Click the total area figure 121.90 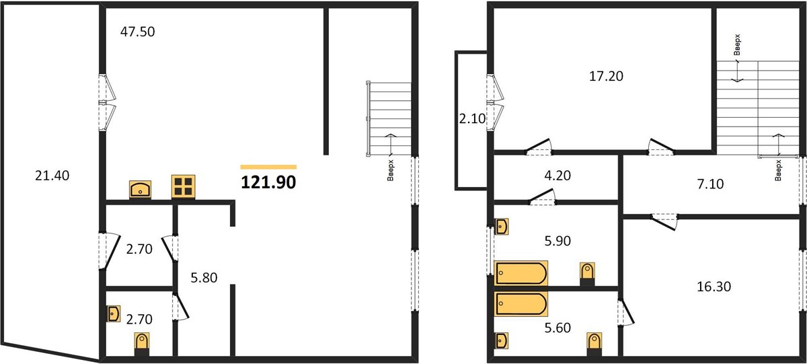tap(268, 182)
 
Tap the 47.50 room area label tap(138, 32)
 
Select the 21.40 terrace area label tap(52, 176)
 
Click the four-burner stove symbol tap(184, 186)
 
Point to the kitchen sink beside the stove tap(140, 190)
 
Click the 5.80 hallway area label tap(204, 278)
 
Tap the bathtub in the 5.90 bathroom tap(521, 273)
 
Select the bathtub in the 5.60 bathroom tap(521, 304)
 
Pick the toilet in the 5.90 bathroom tap(587, 274)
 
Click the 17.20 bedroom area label tap(606, 77)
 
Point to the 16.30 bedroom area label tap(714, 287)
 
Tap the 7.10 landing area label tap(710, 184)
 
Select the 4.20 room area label tap(558, 176)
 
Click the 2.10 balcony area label tap(472, 118)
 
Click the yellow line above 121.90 tap(268, 167)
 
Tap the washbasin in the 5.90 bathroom tap(501, 226)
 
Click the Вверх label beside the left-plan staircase tap(391, 170)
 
